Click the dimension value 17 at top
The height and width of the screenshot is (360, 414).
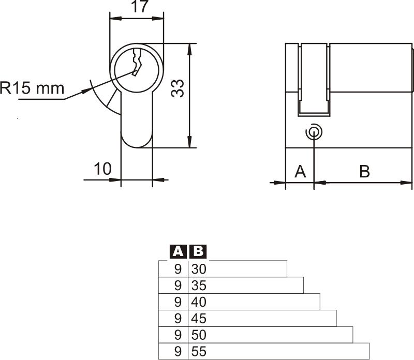coord(137,7)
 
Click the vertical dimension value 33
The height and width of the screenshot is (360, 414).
coord(178,88)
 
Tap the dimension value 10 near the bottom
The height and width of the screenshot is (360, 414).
coord(102,169)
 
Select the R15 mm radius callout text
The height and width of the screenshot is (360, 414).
coord(32,88)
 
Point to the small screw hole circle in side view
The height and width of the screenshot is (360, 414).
coord(314,132)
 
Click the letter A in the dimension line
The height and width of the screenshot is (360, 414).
coord(300,171)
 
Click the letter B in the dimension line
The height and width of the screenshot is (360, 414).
coord(364,171)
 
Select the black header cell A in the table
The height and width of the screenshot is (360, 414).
coord(178,252)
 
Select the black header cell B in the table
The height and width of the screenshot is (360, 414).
coord(198,252)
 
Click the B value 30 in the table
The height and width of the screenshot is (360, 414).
coord(199,269)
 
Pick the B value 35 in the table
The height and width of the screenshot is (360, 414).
coord(199,286)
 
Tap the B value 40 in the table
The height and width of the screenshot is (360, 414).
coord(199,302)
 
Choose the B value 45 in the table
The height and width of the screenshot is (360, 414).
coord(199,319)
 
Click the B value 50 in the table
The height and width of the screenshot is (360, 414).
coord(199,335)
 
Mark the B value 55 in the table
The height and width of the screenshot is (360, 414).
coord(199,352)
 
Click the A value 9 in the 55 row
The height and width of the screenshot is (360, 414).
coord(178,352)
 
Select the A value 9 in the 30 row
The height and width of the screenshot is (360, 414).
coord(178,269)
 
